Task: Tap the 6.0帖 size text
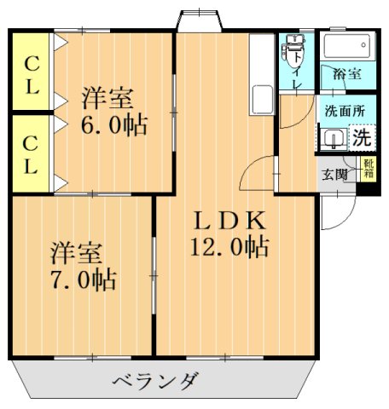tap(114, 125)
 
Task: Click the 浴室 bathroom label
tap(346, 75)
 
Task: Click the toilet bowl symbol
tap(294, 51)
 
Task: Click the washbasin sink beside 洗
tap(334, 139)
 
